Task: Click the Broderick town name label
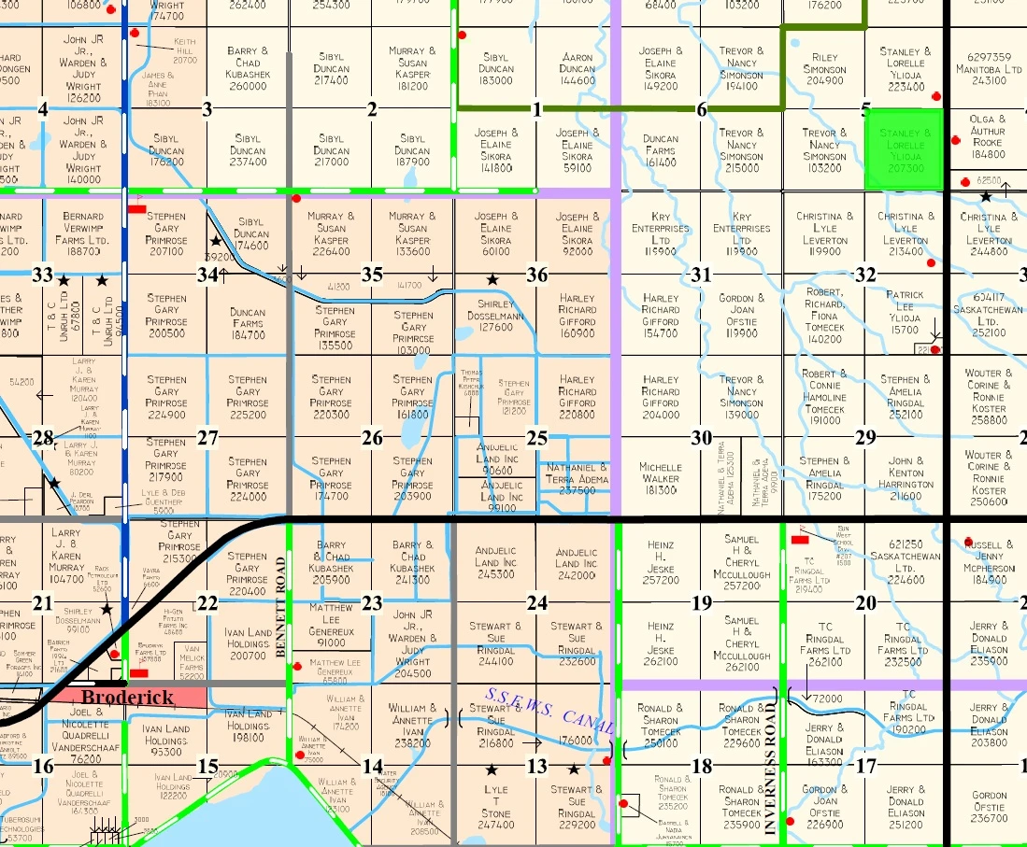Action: click(127, 698)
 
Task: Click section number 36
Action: click(536, 275)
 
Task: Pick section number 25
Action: click(536, 438)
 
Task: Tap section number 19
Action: click(701, 603)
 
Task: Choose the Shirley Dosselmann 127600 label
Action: click(495, 316)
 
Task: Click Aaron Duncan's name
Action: click(577, 68)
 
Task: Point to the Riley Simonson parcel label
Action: click(824, 68)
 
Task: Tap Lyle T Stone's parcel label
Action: click(495, 807)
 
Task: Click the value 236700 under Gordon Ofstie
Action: click(989, 818)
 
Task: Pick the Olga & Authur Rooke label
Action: click(988, 136)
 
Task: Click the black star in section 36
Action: click(492, 279)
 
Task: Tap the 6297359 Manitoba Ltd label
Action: click(989, 68)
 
